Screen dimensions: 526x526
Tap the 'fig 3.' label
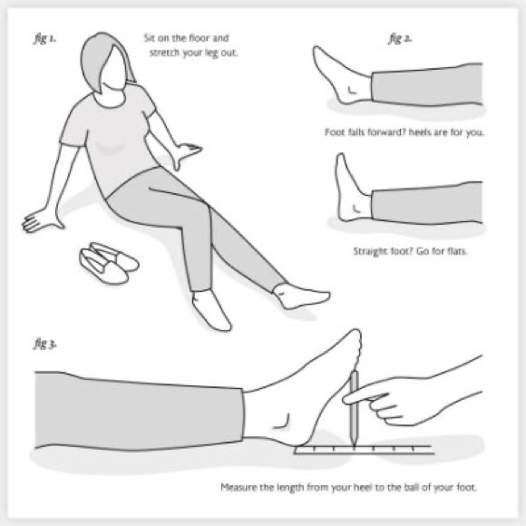(x=44, y=346)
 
